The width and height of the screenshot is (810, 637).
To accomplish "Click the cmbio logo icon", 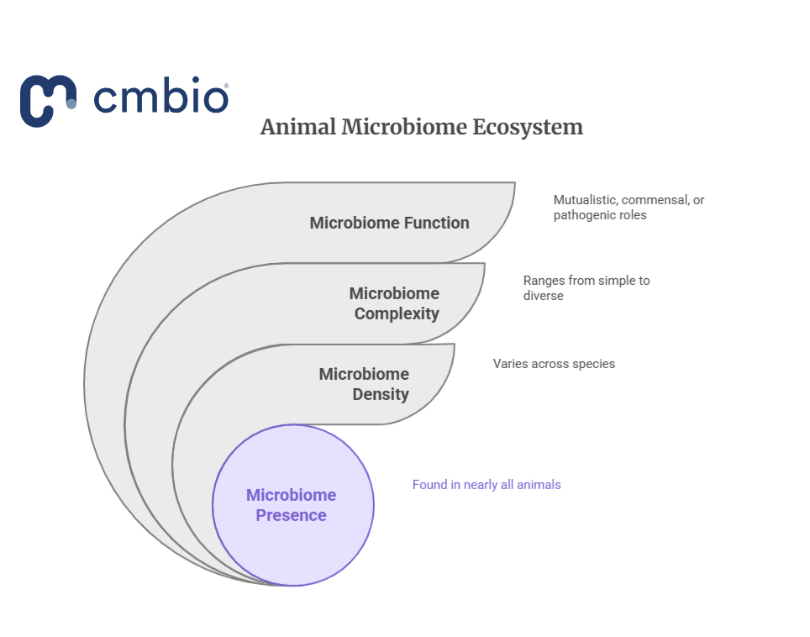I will point(49,100).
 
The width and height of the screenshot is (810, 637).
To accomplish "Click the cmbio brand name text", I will point(160,98).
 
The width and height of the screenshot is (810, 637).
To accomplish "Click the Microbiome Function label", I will point(389,223).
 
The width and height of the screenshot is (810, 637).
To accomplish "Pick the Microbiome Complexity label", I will point(394,303).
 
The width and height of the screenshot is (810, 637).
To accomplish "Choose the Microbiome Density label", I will point(364,384).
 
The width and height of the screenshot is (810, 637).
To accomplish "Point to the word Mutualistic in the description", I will point(584,200).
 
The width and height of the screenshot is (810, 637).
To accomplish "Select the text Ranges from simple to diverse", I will point(586,287).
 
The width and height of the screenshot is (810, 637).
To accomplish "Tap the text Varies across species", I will point(554,364).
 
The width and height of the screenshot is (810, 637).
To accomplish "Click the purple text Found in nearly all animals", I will point(486,485).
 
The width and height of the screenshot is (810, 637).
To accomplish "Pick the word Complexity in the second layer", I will point(397,313).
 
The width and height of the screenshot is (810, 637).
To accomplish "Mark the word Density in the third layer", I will point(381,394).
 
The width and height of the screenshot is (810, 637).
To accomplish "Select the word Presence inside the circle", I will point(292,515).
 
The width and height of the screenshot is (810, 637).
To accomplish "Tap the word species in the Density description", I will point(593,364).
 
